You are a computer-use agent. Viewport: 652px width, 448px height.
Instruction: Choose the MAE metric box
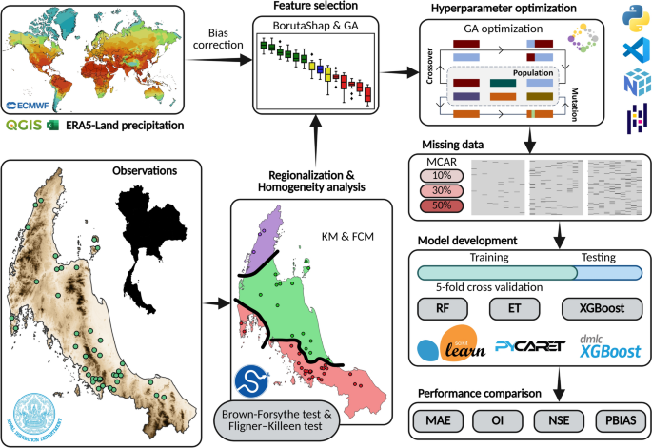point(440,419)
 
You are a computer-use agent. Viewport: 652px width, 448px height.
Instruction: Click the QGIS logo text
point(24,125)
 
